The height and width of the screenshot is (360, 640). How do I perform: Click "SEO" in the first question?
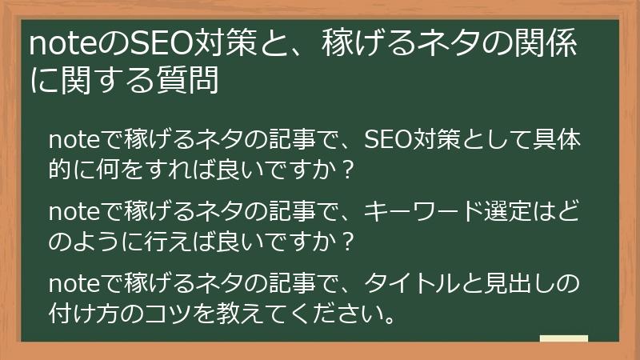click(x=387, y=141)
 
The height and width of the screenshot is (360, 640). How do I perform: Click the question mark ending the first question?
click(x=345, y=170)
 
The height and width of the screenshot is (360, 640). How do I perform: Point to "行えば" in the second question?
click(x=163, y=241)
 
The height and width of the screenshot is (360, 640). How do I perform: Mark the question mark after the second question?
click(x=345, y=241)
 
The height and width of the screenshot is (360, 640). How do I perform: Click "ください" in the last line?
click(x=327, y=311)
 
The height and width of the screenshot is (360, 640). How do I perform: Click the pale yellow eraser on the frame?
click(x=563, y=340)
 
